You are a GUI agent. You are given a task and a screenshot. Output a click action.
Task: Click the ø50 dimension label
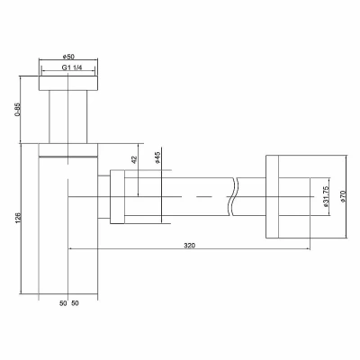(68, 56)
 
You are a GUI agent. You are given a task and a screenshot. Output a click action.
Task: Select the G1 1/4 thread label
(72, 67)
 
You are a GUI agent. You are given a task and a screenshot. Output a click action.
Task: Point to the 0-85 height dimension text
(17, 110)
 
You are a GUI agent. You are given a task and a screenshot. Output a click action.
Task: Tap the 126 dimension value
(18, 218)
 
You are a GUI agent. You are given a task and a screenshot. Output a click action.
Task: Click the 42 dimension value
(134, 159)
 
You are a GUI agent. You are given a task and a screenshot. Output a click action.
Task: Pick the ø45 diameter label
(158, 157)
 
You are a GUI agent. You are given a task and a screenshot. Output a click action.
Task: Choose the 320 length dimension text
(189, 246)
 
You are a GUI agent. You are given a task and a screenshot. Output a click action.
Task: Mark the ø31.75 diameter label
(327, 197)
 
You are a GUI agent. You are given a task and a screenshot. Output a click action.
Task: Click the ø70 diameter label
(343, 196)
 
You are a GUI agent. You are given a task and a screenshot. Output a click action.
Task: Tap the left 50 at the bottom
(63, 303)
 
